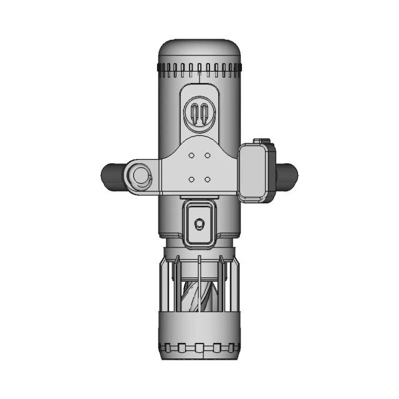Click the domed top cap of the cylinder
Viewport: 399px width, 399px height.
coord(199,51)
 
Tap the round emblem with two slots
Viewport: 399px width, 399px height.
coord(199,114)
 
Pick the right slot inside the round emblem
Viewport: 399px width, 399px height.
coord(204,115)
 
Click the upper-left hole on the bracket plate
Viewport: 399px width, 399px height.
coord(192,155)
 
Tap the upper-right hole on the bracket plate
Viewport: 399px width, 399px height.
coord(207,155)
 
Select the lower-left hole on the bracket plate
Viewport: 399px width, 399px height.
coord(192,179)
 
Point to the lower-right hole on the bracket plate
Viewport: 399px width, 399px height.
coord(207,179)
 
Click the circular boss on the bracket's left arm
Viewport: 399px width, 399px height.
coord(140,176)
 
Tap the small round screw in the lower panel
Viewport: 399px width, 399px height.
coord(199,223)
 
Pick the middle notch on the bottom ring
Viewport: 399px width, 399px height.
coord(199,347)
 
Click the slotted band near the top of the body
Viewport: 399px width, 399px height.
coord(199,67)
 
